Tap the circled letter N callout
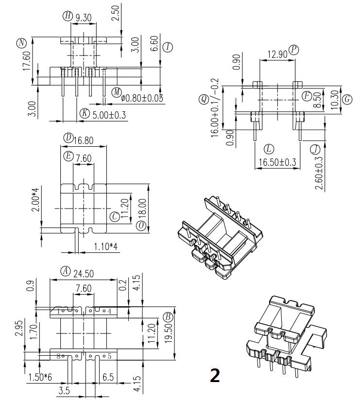pos(21,43)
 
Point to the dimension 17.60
pos(27,62)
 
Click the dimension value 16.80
pos(83,141)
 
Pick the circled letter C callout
pos(115,216)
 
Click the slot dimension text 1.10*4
pos(105,247)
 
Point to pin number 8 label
pos(58,356)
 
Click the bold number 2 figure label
pos(214,375)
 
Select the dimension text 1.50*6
pos(40,376)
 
